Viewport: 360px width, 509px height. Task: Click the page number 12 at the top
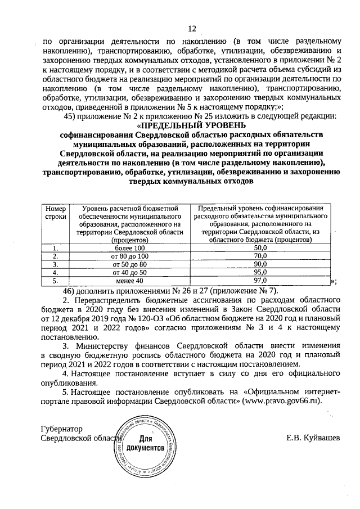point(191,29)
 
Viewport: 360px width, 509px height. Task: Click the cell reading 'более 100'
point(129,247)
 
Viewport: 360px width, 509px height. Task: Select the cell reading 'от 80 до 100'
point(129,255)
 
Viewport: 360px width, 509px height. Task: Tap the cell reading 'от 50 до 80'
point(129,263)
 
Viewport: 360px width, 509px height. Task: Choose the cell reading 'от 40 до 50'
point(129,272)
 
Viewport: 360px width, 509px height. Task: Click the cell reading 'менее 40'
point(129,280)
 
